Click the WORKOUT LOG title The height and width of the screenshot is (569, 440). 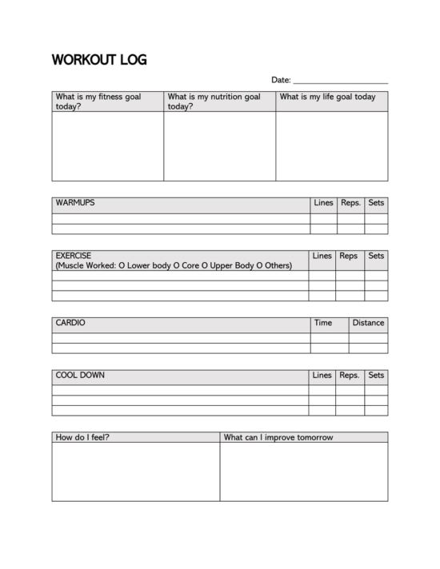point(99,60)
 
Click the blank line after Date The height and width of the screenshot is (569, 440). point(341,81)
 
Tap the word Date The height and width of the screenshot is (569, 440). point(280,80)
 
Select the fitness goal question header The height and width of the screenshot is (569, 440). point(98,101)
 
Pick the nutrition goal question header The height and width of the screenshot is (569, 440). point(214,101)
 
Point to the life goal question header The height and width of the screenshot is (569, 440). point(327,97)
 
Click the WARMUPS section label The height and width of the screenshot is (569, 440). point(75,203)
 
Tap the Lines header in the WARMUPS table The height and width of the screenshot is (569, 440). point(323,203)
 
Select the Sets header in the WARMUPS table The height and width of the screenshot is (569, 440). point(376,203)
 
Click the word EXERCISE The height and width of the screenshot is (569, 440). point(74,257)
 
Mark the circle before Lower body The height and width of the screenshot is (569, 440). point(122,265)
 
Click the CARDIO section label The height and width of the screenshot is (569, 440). point(70,324)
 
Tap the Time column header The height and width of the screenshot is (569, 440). point(323,324)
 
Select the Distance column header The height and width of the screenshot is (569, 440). point(368,324)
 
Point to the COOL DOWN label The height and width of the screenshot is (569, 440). point(80,375)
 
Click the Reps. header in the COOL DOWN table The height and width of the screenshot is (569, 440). point(350,375)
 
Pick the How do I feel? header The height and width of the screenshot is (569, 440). point(82,437)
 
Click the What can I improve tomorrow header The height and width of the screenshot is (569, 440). point(278,437)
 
